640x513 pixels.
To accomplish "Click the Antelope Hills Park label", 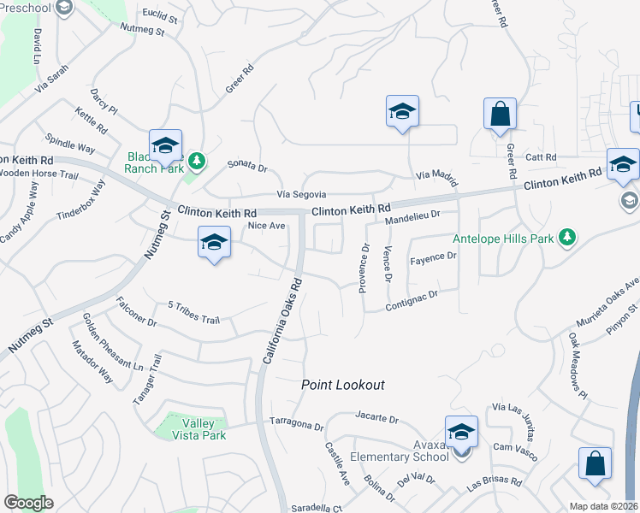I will coord(503,239).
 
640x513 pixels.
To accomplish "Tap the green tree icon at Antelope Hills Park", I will coord(566,237).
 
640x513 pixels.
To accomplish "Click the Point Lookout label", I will coord(343,386).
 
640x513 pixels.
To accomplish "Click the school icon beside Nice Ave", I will coord(214,242).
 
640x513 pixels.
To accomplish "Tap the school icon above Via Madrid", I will coord(402,112).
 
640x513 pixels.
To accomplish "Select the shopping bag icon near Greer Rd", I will coord(500,115).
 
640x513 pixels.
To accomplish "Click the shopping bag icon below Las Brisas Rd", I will coord(595,463).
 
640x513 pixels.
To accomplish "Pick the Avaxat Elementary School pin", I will coord(461,432).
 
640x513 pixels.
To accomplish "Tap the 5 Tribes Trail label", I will coord(194,312).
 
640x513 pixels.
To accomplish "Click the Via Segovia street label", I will coord(300,195).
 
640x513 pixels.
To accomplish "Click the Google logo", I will coord(28,503).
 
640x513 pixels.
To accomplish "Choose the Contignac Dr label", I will coord(412,299).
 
